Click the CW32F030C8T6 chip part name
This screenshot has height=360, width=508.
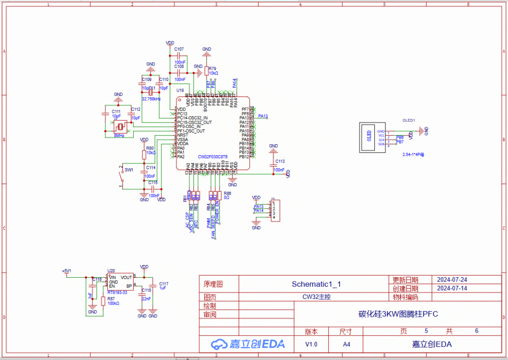pyautogui.click(x=213, y=157)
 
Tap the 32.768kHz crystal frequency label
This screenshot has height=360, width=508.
pyautogui.click(x=151, y=99)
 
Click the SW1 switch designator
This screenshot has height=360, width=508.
pyautogui.click(x=129, y=170)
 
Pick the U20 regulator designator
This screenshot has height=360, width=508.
pyautogui.click(x=111, y=271)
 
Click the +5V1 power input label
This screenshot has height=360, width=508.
pyautogui.click(x=66, y=271)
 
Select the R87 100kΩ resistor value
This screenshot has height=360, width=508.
pyautogui.click(x=113, y=304)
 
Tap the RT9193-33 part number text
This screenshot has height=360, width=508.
pyautogui.click(x=117, y=292)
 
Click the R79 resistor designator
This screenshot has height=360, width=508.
pyautogui.click(x=213, y=68)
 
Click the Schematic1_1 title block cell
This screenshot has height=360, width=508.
pyautogui.click(x=316, y=284)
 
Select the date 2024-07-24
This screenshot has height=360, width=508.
pyautogui.click(x=452, y=280)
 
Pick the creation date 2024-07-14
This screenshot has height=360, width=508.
pyautogui.click(x=452, y=289)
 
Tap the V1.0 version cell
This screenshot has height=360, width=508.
pyautogui.click(x=311, y=344)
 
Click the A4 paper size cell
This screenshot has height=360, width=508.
pyautogui.click(x=346, y=344)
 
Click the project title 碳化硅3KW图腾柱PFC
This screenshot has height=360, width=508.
pyautogui.click(x=398, y=314)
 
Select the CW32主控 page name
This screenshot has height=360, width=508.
pyautogui.click(x=316, y=297)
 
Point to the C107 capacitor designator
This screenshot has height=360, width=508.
pyautogui.click(x=179, y=49)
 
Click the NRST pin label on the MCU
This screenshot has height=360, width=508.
pyautogui.click(x=182, y=135)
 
